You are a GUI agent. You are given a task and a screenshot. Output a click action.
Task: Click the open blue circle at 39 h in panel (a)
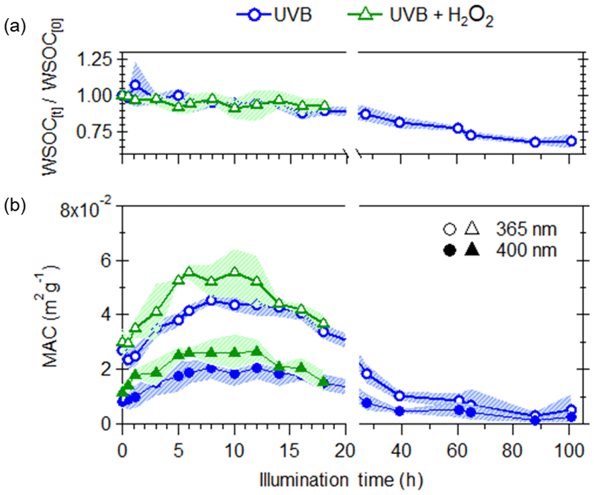click(399, 122)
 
